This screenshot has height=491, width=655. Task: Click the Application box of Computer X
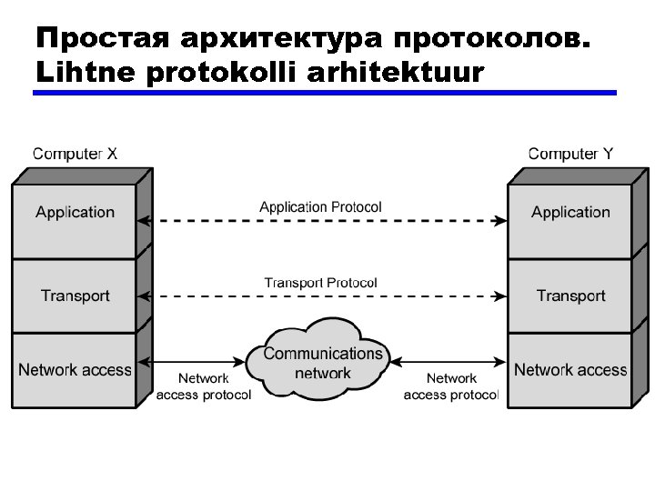click(x=75, y=213)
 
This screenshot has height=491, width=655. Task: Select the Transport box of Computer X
click(x=75, y=296)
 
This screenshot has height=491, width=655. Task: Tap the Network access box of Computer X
click(x=75, y=370)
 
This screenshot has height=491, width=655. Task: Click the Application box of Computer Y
click(x=570, y=213)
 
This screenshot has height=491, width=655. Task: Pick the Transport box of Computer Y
click(x=570, y=296)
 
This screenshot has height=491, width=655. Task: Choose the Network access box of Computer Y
click(x=570, y=370)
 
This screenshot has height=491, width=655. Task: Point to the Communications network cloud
click(x=323, y=362)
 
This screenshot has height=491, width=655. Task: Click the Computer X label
click(x=75, y=154)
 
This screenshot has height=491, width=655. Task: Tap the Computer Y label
click(x=570, y=154)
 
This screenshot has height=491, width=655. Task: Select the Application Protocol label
click(x=320, y=207)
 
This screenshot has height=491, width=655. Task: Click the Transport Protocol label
click(x=320, y=283)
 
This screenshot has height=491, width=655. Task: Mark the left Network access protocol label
click(x=204, y=386)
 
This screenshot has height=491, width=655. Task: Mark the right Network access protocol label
click(x=451, y=386)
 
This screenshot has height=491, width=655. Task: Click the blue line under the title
click(x=325, y=93)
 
